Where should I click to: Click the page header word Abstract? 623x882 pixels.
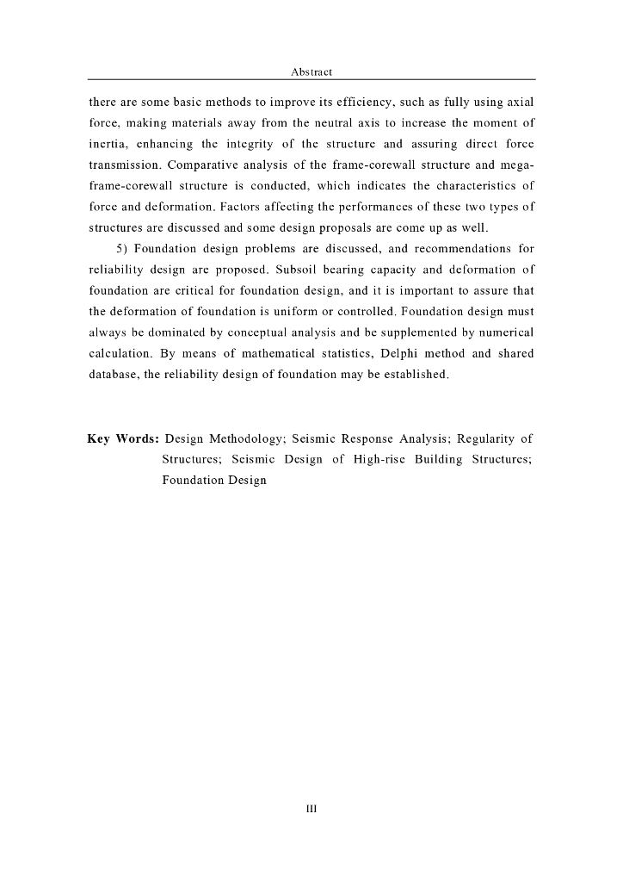pyautogui.click(x=311, y=72)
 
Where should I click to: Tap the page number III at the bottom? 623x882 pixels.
pyautogui.click(x=311, y=809)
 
